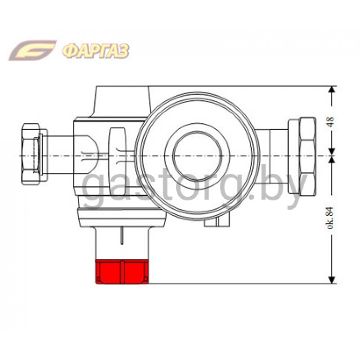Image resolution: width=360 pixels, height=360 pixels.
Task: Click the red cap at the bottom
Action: click(122, 272)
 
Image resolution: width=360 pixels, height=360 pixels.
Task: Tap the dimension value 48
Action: click(331, 122)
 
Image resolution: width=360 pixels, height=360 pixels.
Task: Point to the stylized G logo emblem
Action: click(32, 50)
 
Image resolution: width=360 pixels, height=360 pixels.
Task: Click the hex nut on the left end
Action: click(30, 154)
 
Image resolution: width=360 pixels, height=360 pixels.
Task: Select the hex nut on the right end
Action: click(308, 156)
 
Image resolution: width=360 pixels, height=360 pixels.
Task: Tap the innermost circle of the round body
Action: click(197, 156)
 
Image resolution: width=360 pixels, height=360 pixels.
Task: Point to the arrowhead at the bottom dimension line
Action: click(331, 280)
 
